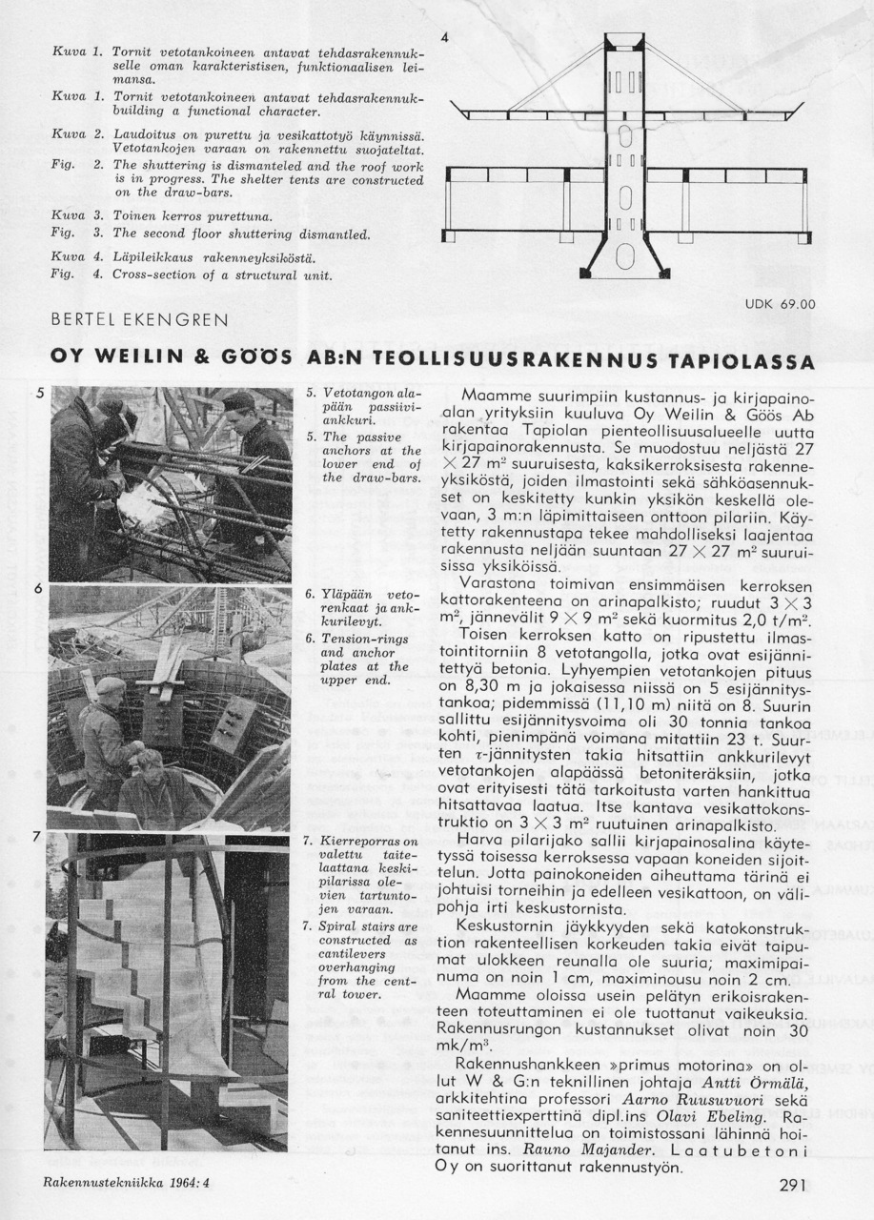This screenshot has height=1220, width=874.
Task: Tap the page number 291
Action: point(791,1186)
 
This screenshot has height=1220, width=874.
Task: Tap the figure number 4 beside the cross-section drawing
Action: point(444,37)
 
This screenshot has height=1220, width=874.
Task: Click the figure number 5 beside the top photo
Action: point(38,391)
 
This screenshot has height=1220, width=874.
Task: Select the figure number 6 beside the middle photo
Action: point(38,589)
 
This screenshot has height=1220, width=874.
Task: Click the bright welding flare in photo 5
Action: point(143,496)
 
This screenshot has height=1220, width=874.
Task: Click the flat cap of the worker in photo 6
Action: point(111,685)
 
